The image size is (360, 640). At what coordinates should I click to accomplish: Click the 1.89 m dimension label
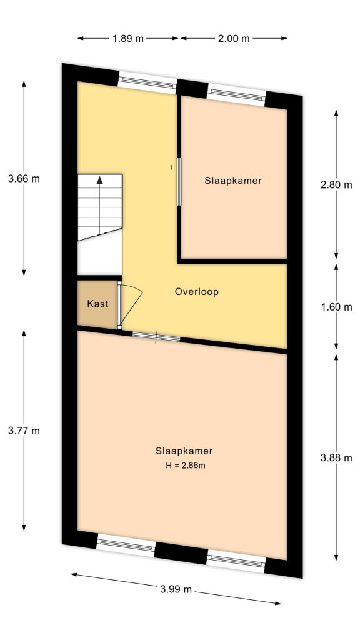(x=128, y=38)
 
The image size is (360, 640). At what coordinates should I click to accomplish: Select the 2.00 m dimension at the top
(x=234, y=38)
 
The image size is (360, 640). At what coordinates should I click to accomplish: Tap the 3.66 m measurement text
(x=24, y=179)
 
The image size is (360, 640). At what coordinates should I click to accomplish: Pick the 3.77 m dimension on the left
(x=24, y=431)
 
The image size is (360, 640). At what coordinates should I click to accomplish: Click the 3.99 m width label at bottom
(x=176, y=589)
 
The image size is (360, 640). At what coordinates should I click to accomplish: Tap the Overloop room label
(x=197, y=292)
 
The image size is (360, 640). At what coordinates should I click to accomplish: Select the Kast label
(x=97, y=304)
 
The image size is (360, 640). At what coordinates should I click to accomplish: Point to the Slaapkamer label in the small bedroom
(x=232, y=181)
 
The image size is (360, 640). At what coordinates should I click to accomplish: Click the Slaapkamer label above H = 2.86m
(x=184, y=451)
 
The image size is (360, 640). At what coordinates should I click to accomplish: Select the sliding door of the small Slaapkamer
(x=179, y=181)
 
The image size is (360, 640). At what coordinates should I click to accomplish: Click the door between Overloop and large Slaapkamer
(x=156, y=338)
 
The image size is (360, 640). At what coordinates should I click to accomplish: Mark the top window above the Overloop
(x=147, y=82)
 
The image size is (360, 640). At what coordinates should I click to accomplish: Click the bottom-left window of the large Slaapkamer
(x=126, y=546)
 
